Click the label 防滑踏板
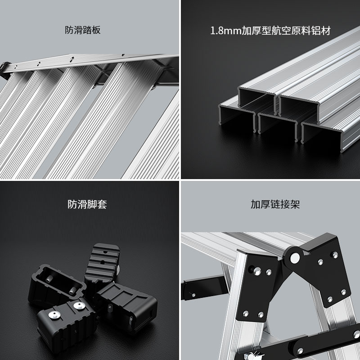tap(82, 31)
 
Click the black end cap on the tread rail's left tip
tap(5, 67)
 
